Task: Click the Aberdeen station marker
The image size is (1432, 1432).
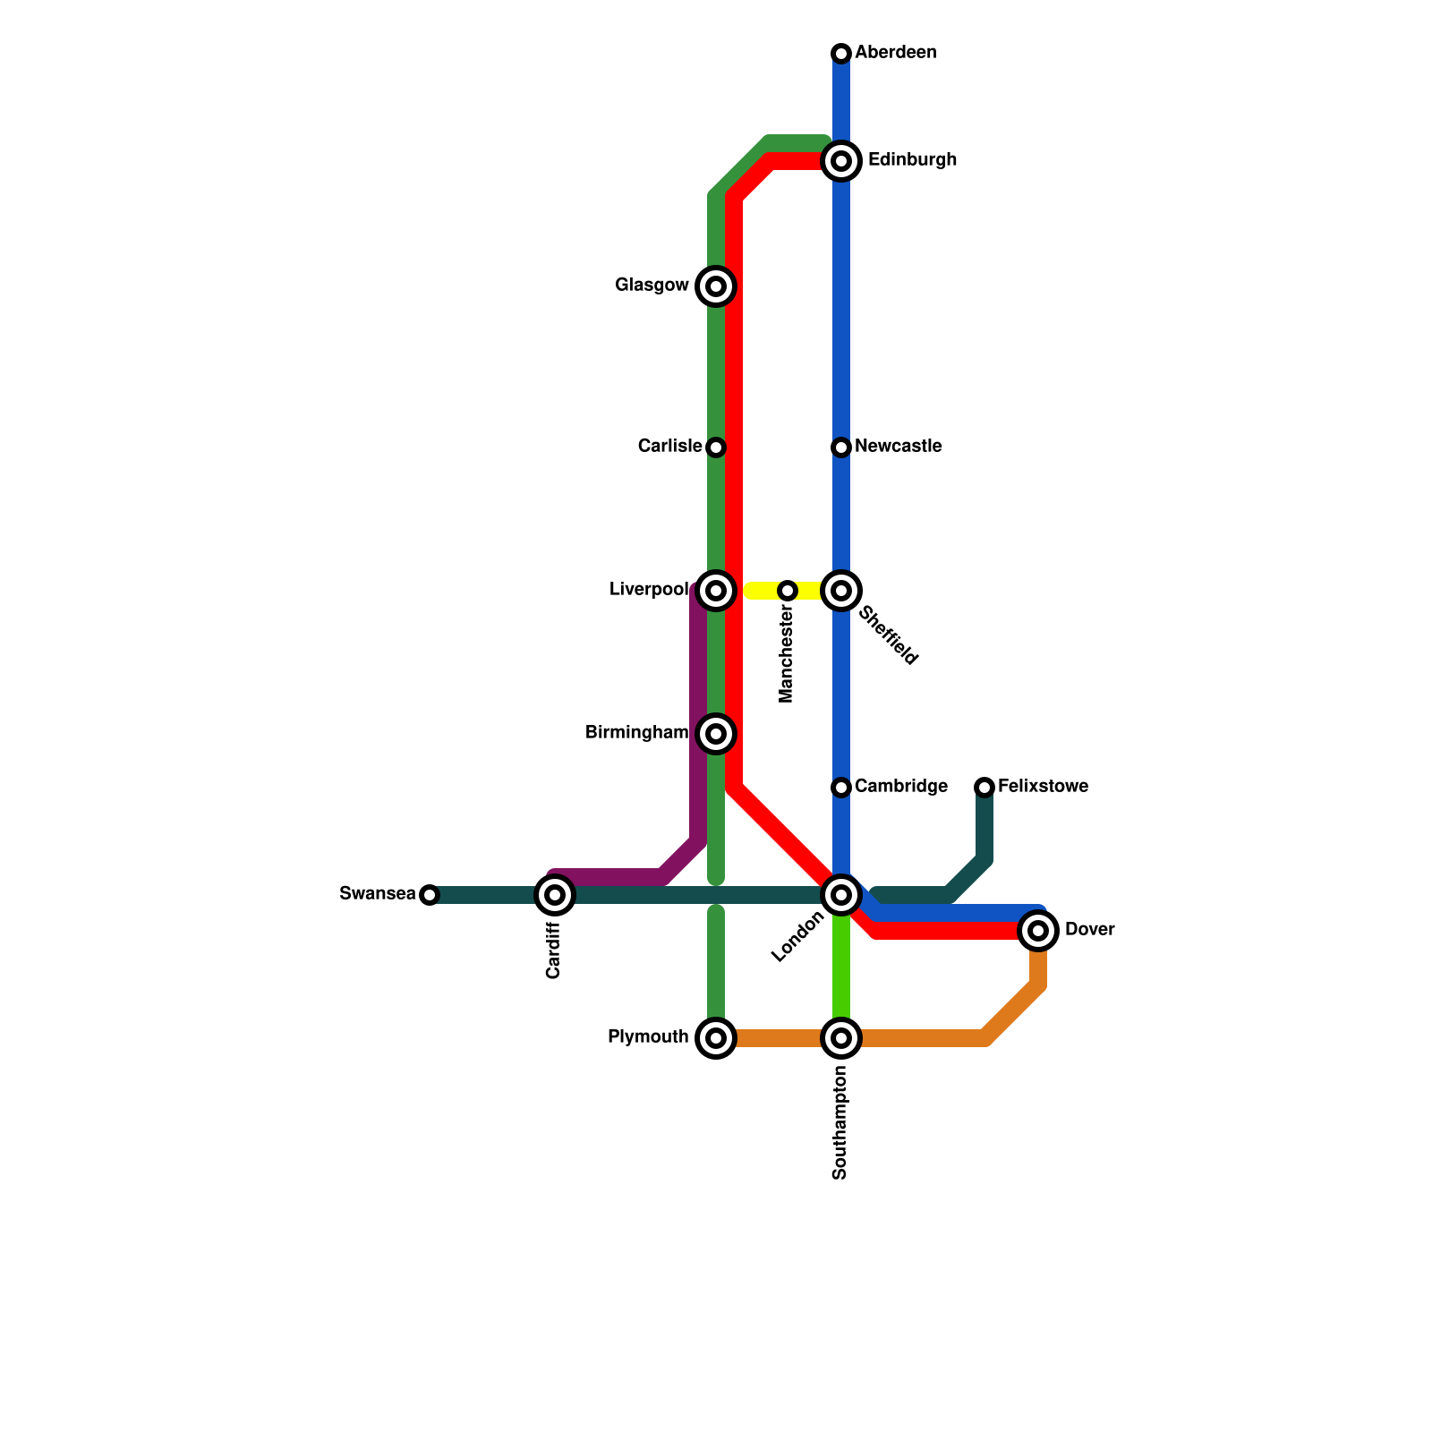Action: (x=841, y=54)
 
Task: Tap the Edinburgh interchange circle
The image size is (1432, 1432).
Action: (x=841, y=161)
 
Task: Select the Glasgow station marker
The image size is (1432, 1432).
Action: (x=716, y=286)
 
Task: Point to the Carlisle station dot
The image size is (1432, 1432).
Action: (x=716, y=447)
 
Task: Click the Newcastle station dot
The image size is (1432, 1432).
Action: (x=841, y=447)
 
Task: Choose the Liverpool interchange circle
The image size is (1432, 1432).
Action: (x=716, y=591)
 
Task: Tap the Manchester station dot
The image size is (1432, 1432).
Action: (x=788, y=591)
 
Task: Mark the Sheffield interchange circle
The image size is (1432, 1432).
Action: (x=841, y=591)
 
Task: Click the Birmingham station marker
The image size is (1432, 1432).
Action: (x=716, y=734)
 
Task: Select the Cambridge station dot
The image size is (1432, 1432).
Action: (x=841, y=788)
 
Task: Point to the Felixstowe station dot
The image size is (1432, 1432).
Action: (x=984, y=788)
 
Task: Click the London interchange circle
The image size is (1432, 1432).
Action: (x=841, y=895)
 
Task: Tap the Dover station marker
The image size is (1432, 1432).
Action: (x=1038, y=931)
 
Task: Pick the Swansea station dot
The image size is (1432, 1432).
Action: (x=430, y=895)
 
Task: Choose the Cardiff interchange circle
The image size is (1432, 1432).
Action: (x=555, y=895)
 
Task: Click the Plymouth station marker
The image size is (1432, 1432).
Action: (x=716, y=1038)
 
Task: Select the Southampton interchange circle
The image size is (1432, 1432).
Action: (x=841, y=1038)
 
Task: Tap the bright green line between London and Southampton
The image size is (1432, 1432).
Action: (x=841, y=967)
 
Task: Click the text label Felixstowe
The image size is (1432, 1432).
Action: (x=1043, y=787)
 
